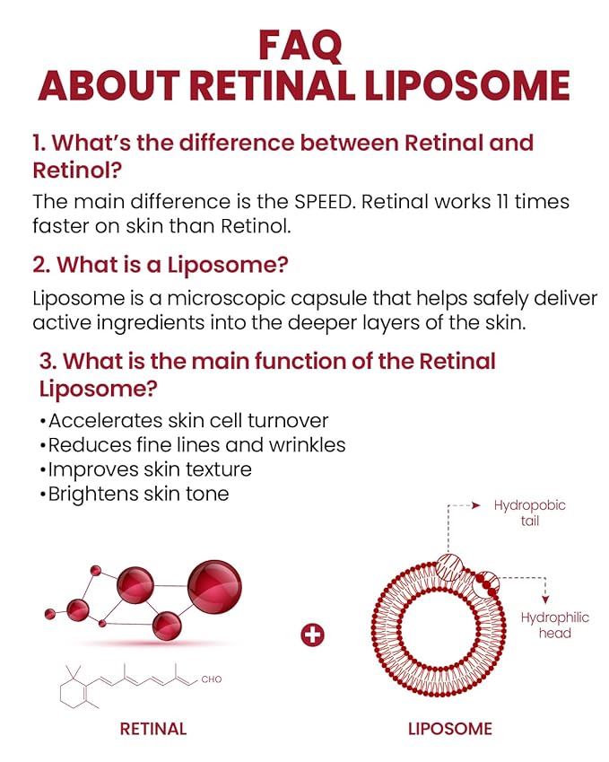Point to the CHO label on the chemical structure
(212, 679)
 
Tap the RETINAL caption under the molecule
(153, 729)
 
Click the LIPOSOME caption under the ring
(450, 729)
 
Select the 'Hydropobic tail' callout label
(529, 512)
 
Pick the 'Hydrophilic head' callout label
(555, 626)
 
